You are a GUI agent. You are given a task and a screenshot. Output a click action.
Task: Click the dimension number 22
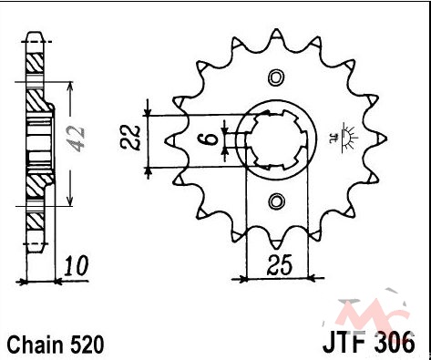tap(131, 138)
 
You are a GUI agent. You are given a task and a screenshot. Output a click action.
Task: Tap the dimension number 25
tap(279, 264)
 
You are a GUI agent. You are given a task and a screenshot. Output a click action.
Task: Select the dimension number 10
tap(76, 266)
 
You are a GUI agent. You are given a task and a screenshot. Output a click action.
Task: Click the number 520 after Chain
tap(87, 345)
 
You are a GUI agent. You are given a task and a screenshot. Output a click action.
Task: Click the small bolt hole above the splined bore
tap(276, 77)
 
